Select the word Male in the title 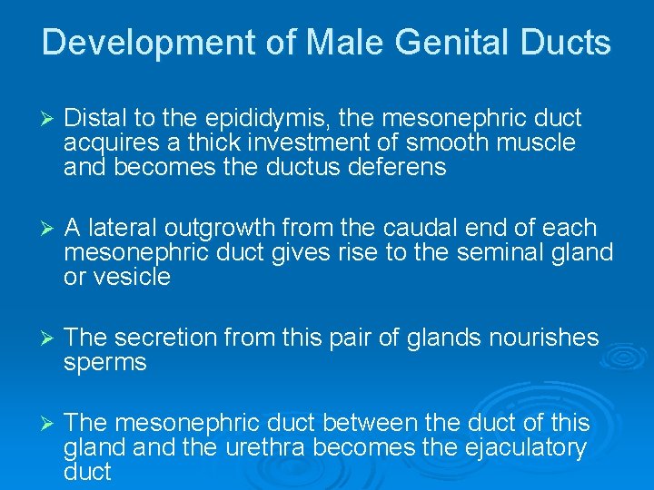click(x=340, y=43)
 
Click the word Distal click(x=96, y=119)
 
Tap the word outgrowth click(x=229, y=228)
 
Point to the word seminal click(x=507, y=252)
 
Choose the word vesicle click(x=131, y=277)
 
